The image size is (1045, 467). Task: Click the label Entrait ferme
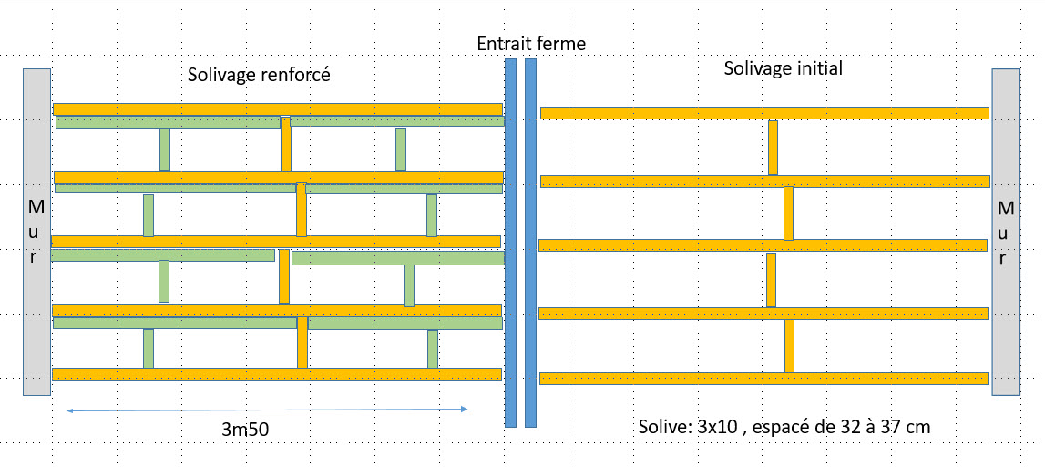click(531, 43)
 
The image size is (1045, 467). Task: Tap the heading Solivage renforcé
click(259, 75)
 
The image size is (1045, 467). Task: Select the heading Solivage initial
click(783, 67)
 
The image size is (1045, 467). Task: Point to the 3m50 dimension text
click(245, 428)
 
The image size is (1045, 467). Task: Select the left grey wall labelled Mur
click(36, 232)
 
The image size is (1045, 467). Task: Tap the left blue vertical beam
click(510, 243)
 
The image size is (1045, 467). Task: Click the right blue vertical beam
click(530, 243)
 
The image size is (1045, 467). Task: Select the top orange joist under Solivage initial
click(764, 113)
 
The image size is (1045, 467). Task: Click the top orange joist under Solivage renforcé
click(278, 109)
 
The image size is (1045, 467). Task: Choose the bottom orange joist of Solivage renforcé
click(276, 375)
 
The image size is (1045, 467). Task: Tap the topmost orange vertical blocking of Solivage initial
click(773, 147)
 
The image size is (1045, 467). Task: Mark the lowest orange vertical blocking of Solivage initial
click(789, 346)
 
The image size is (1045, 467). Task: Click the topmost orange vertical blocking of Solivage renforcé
click(286, 144)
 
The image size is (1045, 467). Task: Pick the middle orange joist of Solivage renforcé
click(276, 242)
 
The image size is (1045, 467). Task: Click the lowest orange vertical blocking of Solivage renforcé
click(302, 342)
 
